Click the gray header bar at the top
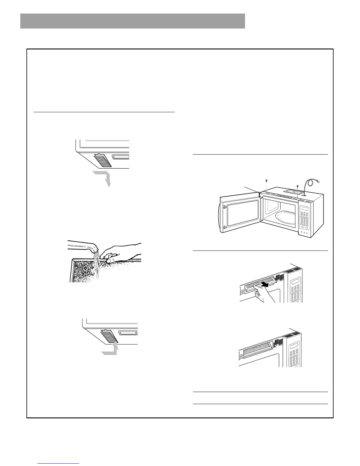(x=132, y=21)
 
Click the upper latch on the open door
(x=224, y=207)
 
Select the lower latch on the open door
(x=224, y=227)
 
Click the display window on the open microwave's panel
(x=305, y=209)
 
